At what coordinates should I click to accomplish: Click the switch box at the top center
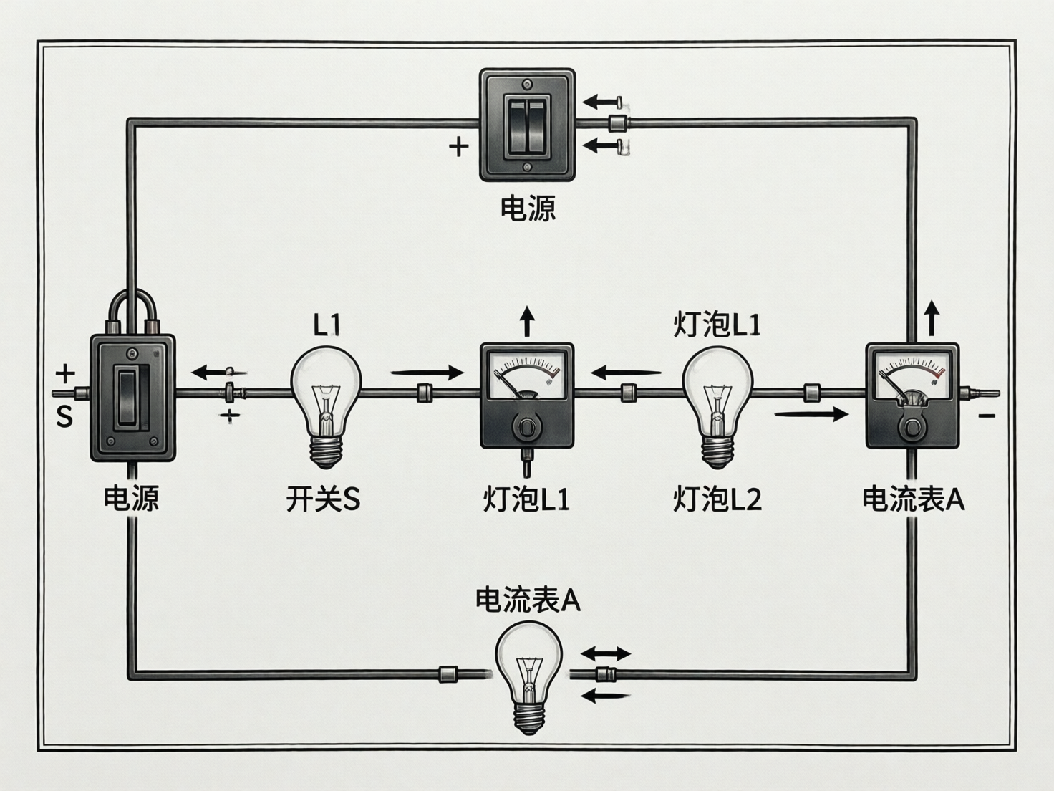[x=527, y=125]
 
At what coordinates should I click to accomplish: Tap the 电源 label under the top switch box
[x=528, y=208]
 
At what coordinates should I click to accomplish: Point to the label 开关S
[x=323, y=499]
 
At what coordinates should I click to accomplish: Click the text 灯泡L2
[x=717, y=499]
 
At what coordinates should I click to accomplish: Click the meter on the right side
[x=912, y=395]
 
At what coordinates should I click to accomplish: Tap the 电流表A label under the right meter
[x=913, y=499]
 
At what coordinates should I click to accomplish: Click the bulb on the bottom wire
[x=528, y=673]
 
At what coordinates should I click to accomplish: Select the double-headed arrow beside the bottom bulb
[x=605, y=653]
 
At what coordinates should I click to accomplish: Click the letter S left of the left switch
[x=64, y=417]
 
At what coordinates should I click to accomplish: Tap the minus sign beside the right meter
[x=987, y=416]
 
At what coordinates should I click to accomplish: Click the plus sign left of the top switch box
[x=458, y=147]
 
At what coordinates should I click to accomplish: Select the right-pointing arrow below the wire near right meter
[x=811, y=414]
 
